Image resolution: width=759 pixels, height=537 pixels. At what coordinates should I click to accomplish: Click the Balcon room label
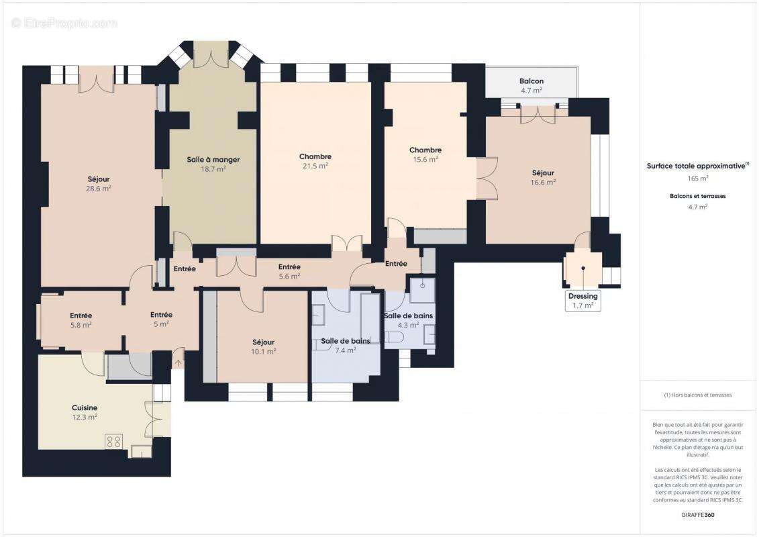click(x=531, y=81)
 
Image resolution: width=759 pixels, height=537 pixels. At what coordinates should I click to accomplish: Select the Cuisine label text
click(x=85, y=407)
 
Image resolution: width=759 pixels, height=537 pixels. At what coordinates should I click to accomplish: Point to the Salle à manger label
click(x=213, y=160)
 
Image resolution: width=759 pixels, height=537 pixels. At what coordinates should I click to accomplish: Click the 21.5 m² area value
click(x=315, y=166)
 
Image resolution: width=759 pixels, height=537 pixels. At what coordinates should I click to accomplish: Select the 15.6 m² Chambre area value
click(x=425, y=160)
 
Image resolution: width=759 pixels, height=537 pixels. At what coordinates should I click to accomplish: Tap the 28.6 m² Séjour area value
click(x=98, y=189)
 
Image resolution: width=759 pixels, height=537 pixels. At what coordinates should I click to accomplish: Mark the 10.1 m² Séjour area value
click(x=264, y=351)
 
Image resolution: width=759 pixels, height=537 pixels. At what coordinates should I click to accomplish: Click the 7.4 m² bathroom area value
click(x=345, y=350)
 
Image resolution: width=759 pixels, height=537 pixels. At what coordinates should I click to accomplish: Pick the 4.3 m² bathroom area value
click(x=408, y=325)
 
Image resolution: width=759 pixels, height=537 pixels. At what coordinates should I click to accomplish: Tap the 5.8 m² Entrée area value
click(x=81, y=325)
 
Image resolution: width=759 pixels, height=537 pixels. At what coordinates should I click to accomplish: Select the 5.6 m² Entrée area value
click(x=289, y=276)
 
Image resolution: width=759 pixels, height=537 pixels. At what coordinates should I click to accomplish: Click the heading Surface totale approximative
click(x=696, y=166)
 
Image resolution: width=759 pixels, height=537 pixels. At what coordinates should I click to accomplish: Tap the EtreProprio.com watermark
click(x=64, y=23)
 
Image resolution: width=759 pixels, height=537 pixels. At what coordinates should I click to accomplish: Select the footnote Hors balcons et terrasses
click(x=698, y=395)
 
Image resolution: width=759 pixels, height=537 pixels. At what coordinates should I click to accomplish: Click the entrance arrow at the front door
click(x=178, y=364)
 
